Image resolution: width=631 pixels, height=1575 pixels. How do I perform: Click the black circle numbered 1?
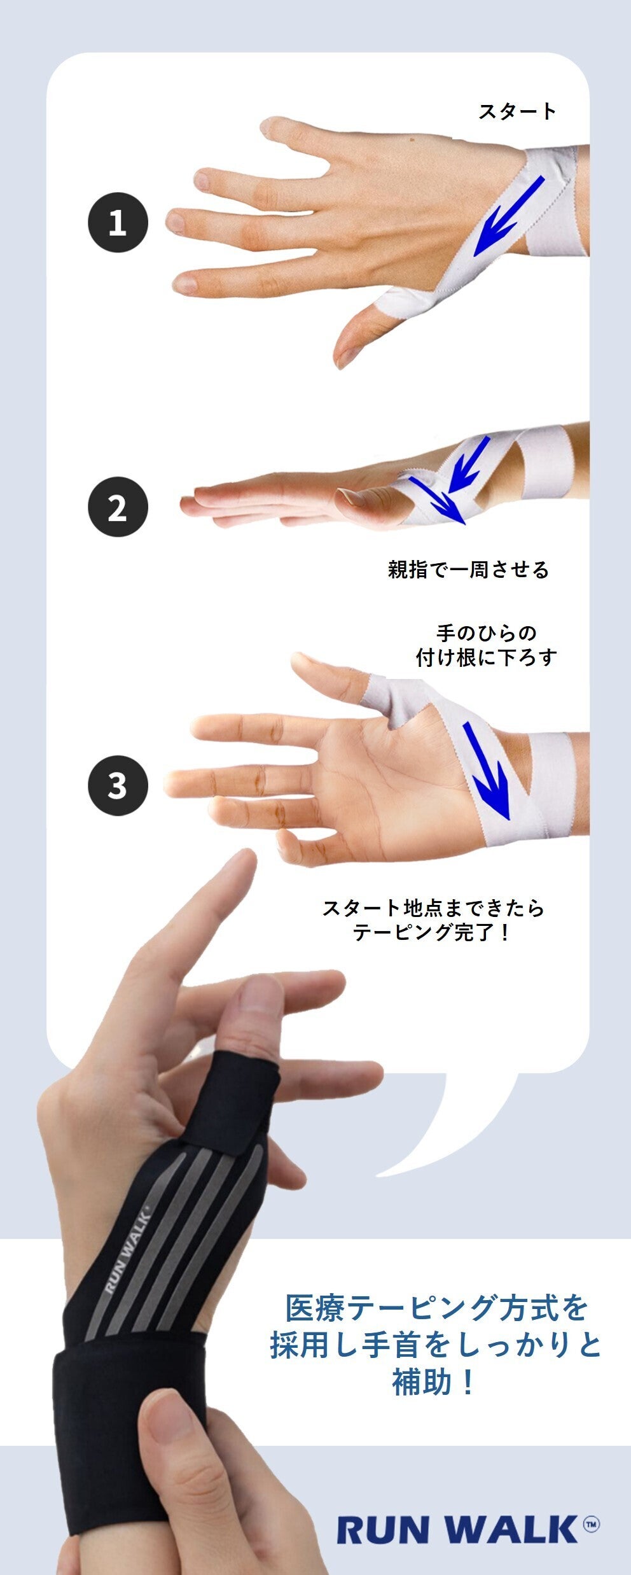(118, 223)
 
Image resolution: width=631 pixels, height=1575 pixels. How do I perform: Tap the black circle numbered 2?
(118, 507)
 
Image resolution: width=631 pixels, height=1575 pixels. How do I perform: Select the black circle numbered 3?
(118, 785)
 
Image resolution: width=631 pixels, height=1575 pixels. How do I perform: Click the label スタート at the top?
(517, 111)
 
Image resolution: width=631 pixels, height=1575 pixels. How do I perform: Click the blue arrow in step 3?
(487, 771)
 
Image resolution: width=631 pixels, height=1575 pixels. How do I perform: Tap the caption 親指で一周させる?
(468, 570)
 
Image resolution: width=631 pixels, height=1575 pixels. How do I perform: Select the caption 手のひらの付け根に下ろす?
(487, 645)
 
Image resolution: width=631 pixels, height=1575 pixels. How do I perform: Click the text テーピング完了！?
(432, 933)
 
